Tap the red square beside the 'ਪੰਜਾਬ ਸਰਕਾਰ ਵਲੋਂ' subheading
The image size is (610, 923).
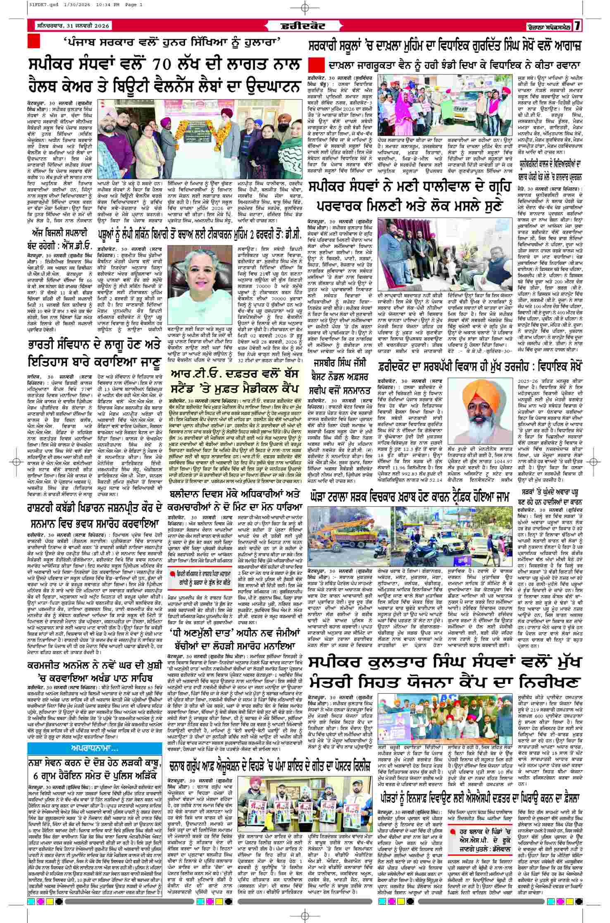click(x=33, y=41)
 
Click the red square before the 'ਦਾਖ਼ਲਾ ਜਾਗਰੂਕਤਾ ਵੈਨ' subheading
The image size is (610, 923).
click(x=318, y=65)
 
